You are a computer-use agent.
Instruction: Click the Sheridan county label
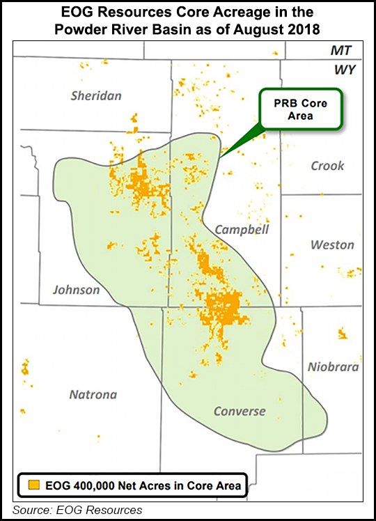pos(96,95)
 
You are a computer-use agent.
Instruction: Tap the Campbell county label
pos(242,229)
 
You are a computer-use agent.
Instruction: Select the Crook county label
pos(327,166)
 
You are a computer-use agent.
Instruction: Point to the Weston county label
pos(332,244)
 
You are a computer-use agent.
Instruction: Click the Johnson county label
pos(77,290)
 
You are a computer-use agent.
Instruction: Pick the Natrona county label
pos(93,394)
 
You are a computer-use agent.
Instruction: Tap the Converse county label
pos(240,411)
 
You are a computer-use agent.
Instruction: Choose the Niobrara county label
pos(334,367)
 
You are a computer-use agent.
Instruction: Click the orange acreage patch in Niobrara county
pos(342,334)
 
